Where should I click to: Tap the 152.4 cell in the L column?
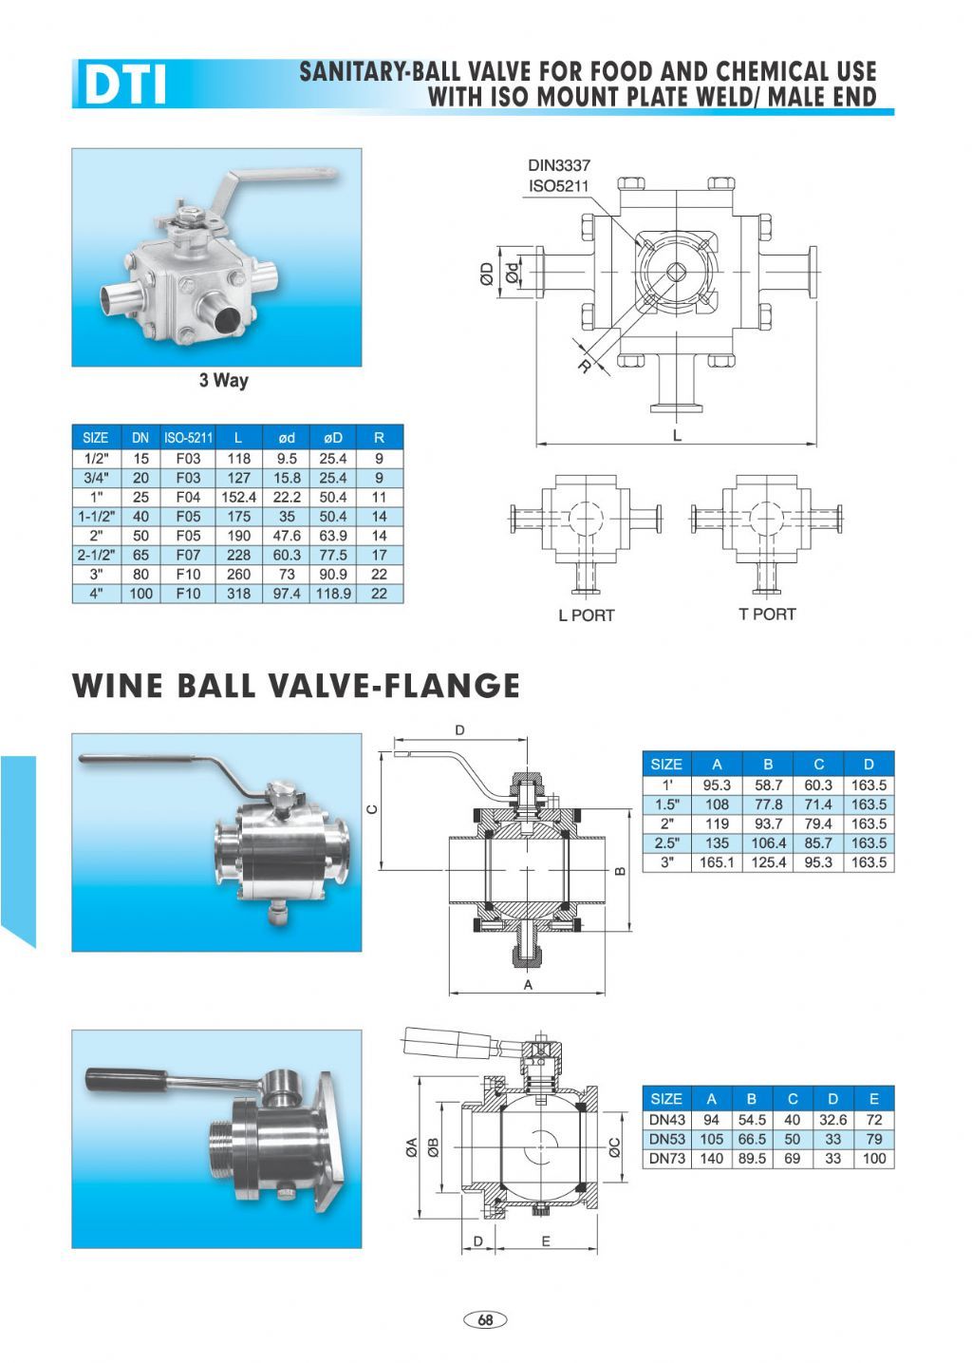[238, 497]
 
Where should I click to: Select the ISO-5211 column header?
[188, 438]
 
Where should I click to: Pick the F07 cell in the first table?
[188, 555]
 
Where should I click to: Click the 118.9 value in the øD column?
[333, 594]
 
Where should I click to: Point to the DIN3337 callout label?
[559, 165]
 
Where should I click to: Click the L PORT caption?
[587, 615]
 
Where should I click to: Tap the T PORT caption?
[767, 614]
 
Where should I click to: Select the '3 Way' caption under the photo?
[224, 380]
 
